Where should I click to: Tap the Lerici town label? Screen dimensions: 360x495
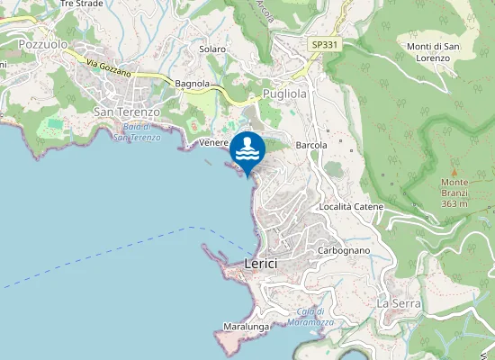click(x=261, y=263)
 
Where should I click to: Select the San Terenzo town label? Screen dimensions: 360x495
click(x=127, y=112)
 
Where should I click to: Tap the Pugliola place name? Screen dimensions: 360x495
click(x=285, y=94)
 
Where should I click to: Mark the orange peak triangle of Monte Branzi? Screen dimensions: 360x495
click(x=454, y=171)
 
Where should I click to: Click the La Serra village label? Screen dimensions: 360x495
click(x=394, y=303)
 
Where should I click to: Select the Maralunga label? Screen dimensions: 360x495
click(x=247, y=327)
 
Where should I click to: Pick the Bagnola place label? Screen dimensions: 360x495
click(x=193, y=84)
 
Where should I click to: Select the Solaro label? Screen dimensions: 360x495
click(x=212, y=49)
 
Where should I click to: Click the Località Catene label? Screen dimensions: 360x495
click(x=351, y=207)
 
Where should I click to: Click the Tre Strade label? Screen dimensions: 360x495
click(x=81, y=4)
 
